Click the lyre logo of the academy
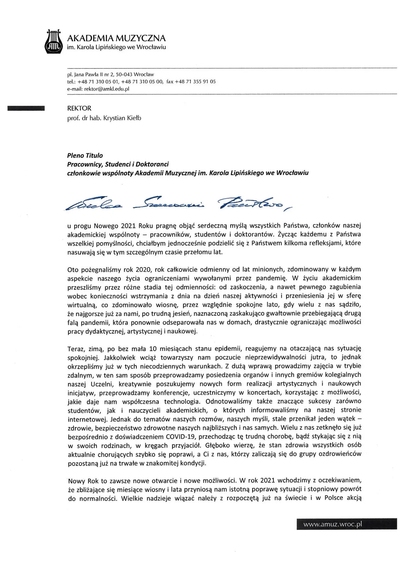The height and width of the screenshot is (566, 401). click(54, 42)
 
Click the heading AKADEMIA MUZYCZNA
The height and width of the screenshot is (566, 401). click(116, 38)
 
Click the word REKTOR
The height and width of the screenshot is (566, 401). click(79, 108)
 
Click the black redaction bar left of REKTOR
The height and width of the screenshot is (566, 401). click(26, 108)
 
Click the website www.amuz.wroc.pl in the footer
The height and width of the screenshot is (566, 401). click(332, 524)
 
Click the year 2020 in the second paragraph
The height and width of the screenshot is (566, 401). click(143, 270)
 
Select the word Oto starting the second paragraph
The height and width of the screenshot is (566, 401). click(73, 270)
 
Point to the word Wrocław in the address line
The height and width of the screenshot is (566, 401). click(144, 74)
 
